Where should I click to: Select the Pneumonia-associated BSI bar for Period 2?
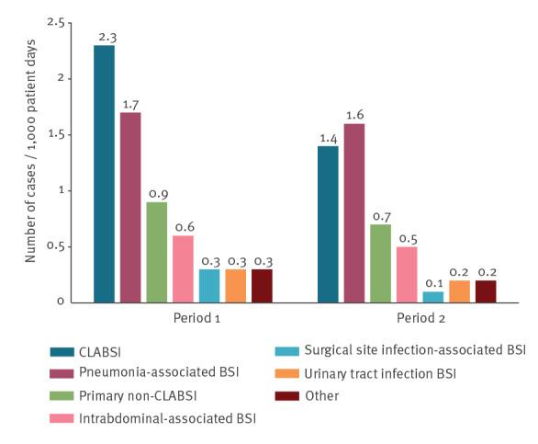(353, 212)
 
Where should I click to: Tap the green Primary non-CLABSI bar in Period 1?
(156, 252)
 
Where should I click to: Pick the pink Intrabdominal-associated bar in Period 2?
(407, 274)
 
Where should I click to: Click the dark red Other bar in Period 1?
(263, 285)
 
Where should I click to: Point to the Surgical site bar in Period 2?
(433, 297)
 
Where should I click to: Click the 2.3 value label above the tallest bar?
(104, 38)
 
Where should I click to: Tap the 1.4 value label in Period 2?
(328, 138)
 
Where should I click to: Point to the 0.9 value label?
(156, 194)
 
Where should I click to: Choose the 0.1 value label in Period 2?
(433, 283)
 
